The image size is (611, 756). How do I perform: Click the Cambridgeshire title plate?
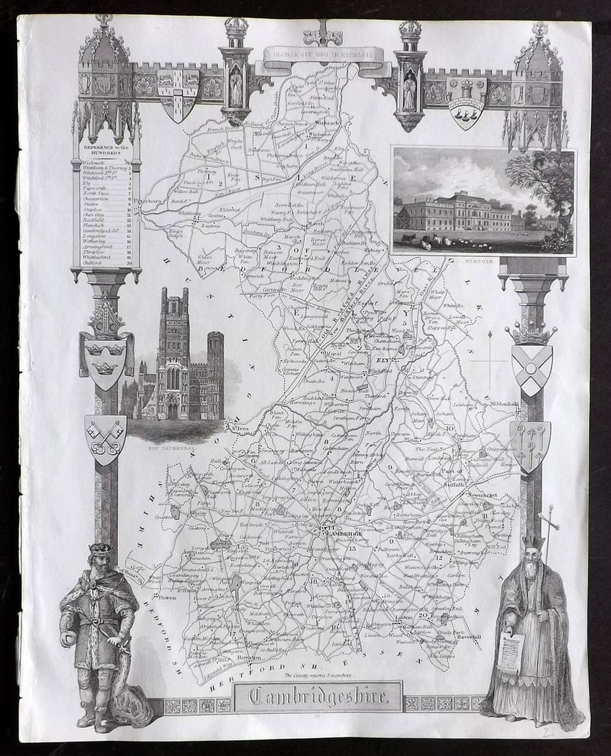pyautogui.click(x=317, y=696)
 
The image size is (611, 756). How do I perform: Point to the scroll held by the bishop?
pyautogui.click(x=510, y=652)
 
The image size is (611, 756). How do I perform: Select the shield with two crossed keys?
pyautogui.click(x=105, y=438)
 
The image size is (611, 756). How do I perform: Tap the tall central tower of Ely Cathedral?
pyautogui.click(x=174, y=351)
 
